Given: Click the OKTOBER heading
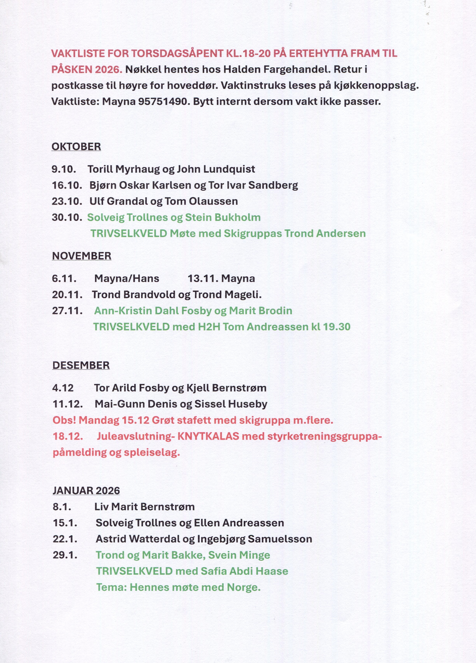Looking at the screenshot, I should pyautogui.click(x=76, y=147).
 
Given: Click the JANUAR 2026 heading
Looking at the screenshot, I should pyautogui.click(x=86, y=491).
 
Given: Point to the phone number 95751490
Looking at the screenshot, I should pyautogui.click(x=162, y=101).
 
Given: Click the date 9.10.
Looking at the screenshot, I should pyautogui.click(x=64, y=169).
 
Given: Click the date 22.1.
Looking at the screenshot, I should pyautogui.click(x=65, y=539).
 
